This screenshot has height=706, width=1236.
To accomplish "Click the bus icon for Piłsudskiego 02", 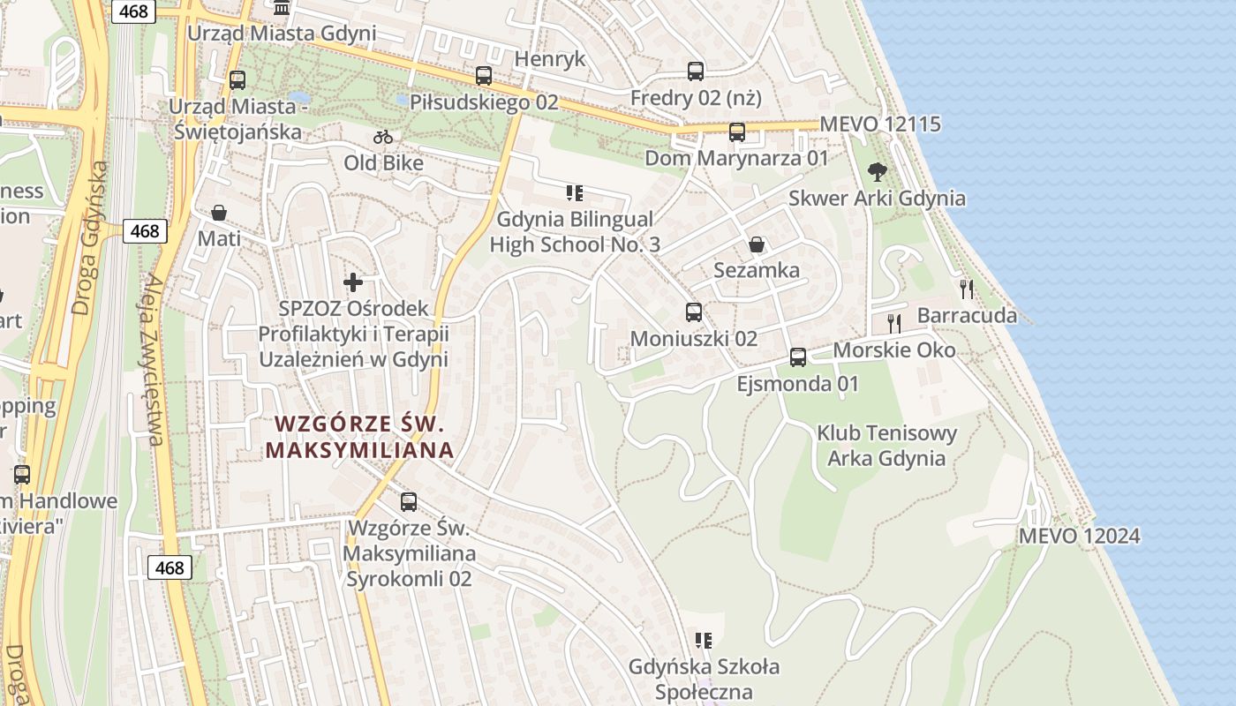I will click(x=483, y=76).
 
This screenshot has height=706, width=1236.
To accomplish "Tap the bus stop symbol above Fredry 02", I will click(x=696, y=71).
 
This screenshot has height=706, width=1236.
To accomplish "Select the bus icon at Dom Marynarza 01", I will click(x=737, y=132).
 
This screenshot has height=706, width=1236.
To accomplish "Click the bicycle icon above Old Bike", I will click(x=383, y=137).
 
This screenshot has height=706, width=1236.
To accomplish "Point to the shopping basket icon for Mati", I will click(x=219, y=213).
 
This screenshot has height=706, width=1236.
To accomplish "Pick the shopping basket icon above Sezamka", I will click(x=757, y=244).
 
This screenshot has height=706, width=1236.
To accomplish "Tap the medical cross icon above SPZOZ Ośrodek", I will click(x=353, y=282).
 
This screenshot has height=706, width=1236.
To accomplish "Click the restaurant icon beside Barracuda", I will click(x=967, y=289).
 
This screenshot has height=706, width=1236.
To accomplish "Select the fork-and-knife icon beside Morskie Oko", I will click(x=894, y=323).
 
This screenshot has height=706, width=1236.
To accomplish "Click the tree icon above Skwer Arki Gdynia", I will click(x=877, y=171).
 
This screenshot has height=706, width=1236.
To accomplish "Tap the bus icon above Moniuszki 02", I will click(x=694, y=312).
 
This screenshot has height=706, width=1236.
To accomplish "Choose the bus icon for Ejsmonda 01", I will click(x=798, y=357).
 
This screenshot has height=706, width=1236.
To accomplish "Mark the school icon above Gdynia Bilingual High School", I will click(x=575, y=193).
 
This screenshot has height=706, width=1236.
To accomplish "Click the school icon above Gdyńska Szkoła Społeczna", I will click(x=704, y=641).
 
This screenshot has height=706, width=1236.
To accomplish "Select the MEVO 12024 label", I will click(x=1079, y=536).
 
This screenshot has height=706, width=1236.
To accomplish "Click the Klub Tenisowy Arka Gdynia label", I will click(x=886, y=446).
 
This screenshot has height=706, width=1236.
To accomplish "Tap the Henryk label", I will click(x=550, y=59).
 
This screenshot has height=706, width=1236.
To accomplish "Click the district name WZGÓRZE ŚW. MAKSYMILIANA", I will click(x=360, y=437).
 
